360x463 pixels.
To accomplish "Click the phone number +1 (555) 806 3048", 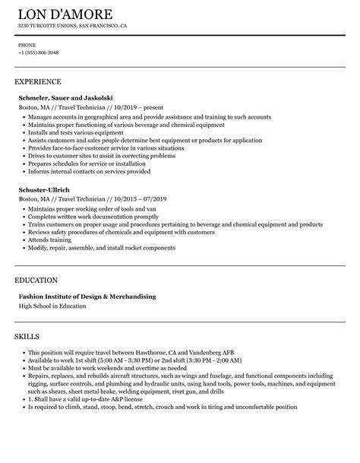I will [38, 52].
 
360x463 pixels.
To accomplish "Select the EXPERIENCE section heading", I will [38, 81].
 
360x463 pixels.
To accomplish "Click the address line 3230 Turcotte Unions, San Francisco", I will [72, 27].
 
